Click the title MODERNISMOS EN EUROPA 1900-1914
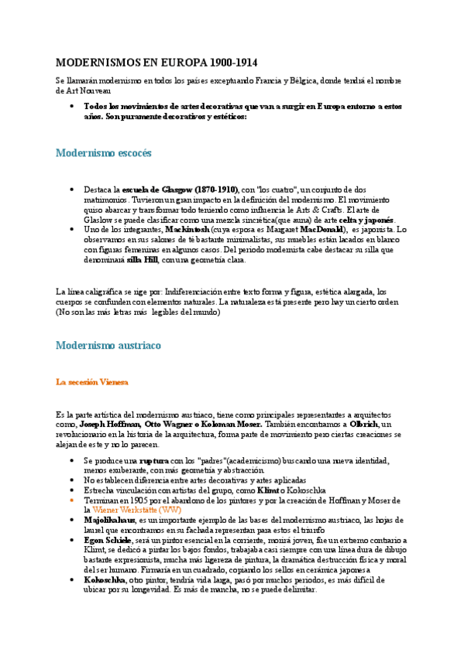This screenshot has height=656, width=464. point(156,61)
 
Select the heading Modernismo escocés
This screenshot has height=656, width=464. point(103,152)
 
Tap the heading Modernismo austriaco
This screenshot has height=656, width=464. point(108,345)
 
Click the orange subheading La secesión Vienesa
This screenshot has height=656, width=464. point(91,382)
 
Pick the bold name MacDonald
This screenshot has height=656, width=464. point(318,230)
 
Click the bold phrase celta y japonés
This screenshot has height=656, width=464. point(366,220)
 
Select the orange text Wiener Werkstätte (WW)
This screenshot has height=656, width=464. point(135,510)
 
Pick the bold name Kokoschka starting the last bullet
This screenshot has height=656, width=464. point(107,579)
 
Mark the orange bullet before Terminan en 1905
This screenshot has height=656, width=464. point(71,500)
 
